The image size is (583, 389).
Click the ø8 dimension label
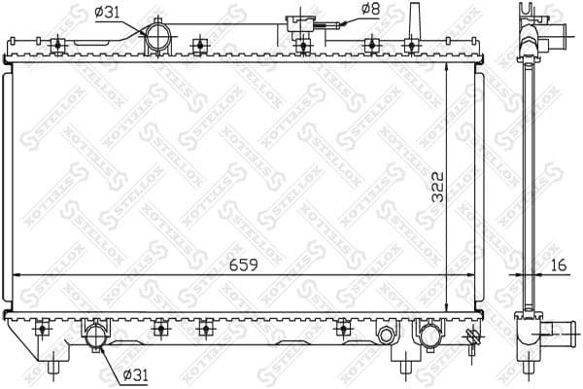[x=370, y=10]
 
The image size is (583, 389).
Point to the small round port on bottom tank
[x=388, y=336]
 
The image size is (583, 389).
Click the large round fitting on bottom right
[x=429, y=336]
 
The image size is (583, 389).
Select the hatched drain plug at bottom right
[x=473, y=338]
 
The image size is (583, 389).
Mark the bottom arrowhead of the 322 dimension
[x=446, y=306]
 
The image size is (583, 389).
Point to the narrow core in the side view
[x=530, y=185]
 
